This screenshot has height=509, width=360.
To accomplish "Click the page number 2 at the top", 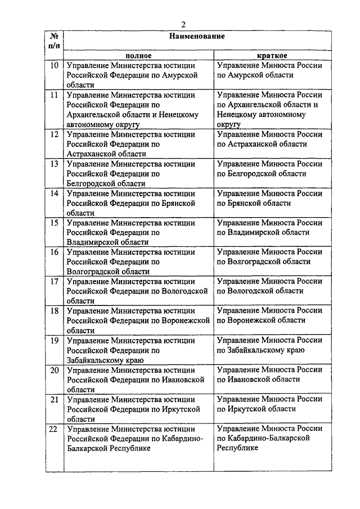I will click(183, 24).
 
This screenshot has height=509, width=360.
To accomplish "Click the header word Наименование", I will click(195, 37).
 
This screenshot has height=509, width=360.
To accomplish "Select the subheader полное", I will click(138, 56).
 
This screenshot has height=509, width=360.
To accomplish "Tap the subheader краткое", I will click(273, 56).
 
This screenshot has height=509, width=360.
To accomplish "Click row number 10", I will click(55, 66).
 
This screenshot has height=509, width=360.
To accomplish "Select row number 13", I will click(55, 164).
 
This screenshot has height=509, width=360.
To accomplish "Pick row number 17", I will click(55, 281).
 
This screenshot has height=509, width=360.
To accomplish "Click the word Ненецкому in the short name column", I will click(238, 115).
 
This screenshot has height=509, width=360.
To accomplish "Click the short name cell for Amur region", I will click(269, 70).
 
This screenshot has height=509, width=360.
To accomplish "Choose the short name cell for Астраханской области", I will click(269, 139).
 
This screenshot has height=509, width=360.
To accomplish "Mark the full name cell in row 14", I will click(138, 202).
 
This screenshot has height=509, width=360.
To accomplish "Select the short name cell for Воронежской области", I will click(269, 315).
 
